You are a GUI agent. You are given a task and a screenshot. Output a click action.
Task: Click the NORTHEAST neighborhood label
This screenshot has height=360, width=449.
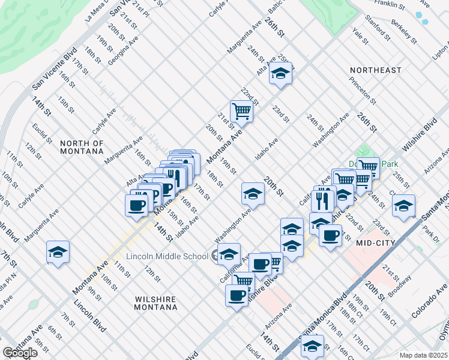(376, 70)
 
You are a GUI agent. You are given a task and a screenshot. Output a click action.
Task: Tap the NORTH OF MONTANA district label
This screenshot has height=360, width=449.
(82, 147)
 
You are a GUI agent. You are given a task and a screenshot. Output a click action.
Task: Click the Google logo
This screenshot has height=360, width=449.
(20, 353)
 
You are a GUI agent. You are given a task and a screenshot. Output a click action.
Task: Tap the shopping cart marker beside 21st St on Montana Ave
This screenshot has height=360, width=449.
(241, 110)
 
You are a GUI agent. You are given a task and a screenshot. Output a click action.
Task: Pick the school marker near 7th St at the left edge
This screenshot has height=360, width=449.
(58, 252)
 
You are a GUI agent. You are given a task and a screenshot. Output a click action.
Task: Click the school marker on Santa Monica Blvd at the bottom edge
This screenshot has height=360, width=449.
(312, 346)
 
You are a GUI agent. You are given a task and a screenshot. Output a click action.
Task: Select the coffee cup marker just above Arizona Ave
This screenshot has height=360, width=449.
(237, 296)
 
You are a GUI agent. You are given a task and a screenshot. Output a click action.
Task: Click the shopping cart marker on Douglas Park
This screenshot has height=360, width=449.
(367, 167)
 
